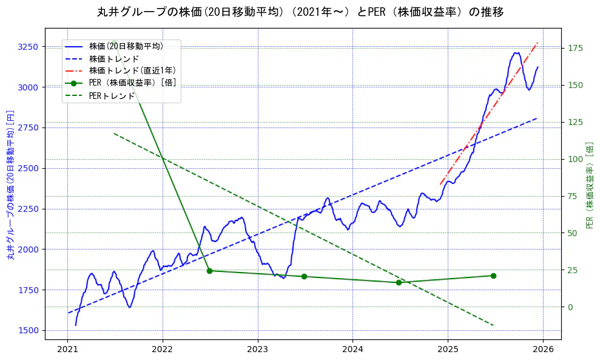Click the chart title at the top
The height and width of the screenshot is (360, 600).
(300, 12)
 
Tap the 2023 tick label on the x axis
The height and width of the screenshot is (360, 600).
(257, 349)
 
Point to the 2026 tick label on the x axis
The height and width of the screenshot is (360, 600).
(543, 349)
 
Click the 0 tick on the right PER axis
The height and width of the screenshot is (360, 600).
(571, 307)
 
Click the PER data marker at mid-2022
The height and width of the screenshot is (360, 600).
(209, 271)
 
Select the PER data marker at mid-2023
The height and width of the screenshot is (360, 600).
(304, 276)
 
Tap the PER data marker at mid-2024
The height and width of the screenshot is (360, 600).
(399, 282)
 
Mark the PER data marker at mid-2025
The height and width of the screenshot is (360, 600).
(493, 276)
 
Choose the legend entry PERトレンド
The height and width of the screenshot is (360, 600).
(112, 96)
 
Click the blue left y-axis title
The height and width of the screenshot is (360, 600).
(10, 185)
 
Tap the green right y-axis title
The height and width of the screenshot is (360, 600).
(590, 185)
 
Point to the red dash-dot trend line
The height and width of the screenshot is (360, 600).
(485, 116)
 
